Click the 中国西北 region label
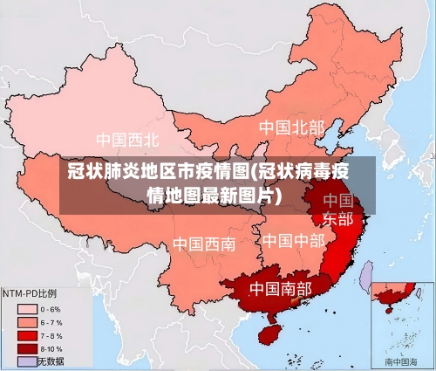click(x=127, y=139)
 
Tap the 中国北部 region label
click(x=291, y=127)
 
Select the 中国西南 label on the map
click(x=203, y=244)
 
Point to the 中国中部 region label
click(x=293, y=240)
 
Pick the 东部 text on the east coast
click(x=338, y=218)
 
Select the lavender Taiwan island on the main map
click(x=365, y=278)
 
